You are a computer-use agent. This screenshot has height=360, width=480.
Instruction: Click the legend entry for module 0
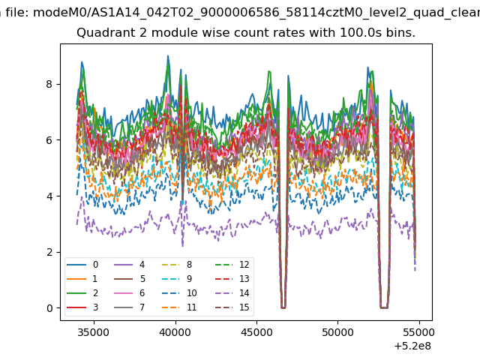coord(82,265)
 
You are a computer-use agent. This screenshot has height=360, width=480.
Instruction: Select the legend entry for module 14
coord(226,293)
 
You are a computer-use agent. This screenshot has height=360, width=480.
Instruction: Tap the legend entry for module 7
coord(129,307)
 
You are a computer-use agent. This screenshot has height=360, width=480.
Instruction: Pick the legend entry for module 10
coord(179,293)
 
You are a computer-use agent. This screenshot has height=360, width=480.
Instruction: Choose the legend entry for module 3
coord(82,307)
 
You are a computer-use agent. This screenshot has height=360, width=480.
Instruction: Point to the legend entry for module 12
coord(226,265)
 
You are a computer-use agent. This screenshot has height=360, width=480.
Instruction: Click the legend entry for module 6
coord(129,293)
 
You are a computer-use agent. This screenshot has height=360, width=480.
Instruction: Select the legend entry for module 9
coord(177,278)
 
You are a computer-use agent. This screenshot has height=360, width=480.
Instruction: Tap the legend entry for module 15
coord(226,307)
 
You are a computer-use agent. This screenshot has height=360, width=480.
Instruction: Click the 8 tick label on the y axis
coord(49,84)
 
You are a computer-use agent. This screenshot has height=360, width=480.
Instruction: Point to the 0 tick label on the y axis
coord(49,308)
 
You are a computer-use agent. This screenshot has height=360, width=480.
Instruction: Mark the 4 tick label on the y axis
coord(49,196)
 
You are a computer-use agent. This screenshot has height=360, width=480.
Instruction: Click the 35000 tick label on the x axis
coord(93,332)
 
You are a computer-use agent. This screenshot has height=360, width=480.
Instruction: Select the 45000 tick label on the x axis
coord(256,332)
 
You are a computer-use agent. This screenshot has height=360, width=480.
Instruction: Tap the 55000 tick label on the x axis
coord(419,332)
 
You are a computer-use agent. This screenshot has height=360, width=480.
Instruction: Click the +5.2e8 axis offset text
coord(413,346)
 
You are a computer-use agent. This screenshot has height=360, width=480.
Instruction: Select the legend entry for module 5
coord(129,278)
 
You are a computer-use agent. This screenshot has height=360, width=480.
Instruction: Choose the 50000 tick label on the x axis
coord(337,332)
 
